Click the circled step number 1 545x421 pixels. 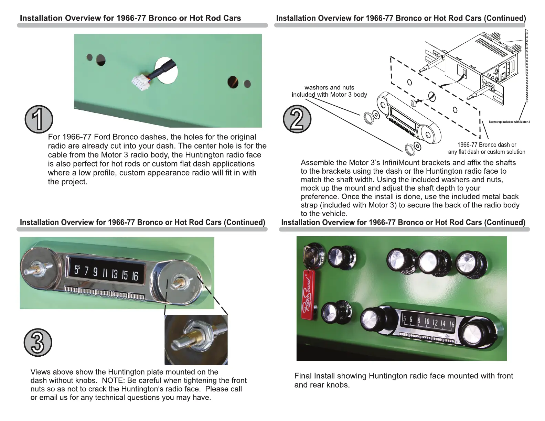(x=39, y=119)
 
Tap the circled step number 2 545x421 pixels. (x=297, y=119)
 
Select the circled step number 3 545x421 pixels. (x=38, y=343)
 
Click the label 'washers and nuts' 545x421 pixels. (x=329, y=87)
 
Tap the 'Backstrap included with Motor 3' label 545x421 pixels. (x=509, y=122)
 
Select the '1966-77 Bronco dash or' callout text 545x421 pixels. (x=487, y=145)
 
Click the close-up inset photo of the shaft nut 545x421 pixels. (x=196, y=340)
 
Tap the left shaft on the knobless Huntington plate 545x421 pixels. (x=35, y=268)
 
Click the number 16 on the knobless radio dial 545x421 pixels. (x=135, y=276)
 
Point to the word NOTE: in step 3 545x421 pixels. (x=113, y=380)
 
